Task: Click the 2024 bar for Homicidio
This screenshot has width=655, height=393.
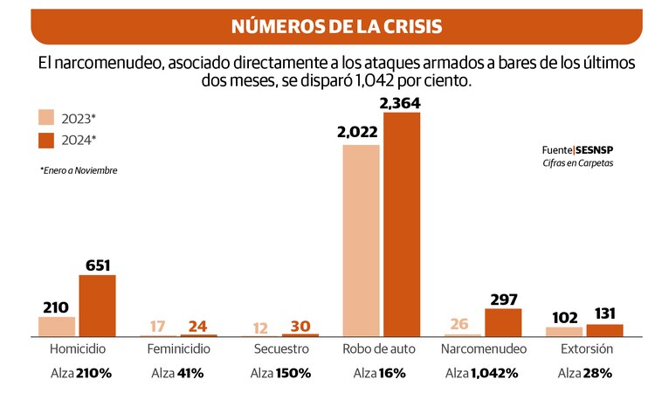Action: point(97,306)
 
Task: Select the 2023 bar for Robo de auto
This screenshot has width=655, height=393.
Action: point(361,240)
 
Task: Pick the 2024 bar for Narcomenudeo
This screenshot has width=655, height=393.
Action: point(503,322)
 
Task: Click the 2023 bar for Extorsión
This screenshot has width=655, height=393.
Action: point(563,331)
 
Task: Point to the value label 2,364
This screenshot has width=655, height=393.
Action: point(402,103)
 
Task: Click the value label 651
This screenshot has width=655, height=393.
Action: point(97,265)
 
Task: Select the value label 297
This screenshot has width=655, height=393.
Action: point(503,299)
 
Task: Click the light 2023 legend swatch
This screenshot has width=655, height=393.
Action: point(47,118)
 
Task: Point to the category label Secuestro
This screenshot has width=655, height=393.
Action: point(280,349)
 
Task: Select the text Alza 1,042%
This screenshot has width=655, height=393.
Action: point(482,373)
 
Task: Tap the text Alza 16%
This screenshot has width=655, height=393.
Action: point(381,373)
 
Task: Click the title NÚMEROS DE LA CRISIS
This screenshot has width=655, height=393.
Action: point(336,26)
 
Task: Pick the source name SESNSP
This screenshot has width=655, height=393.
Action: point(595,150)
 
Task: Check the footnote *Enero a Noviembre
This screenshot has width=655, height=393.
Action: point(79,170)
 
